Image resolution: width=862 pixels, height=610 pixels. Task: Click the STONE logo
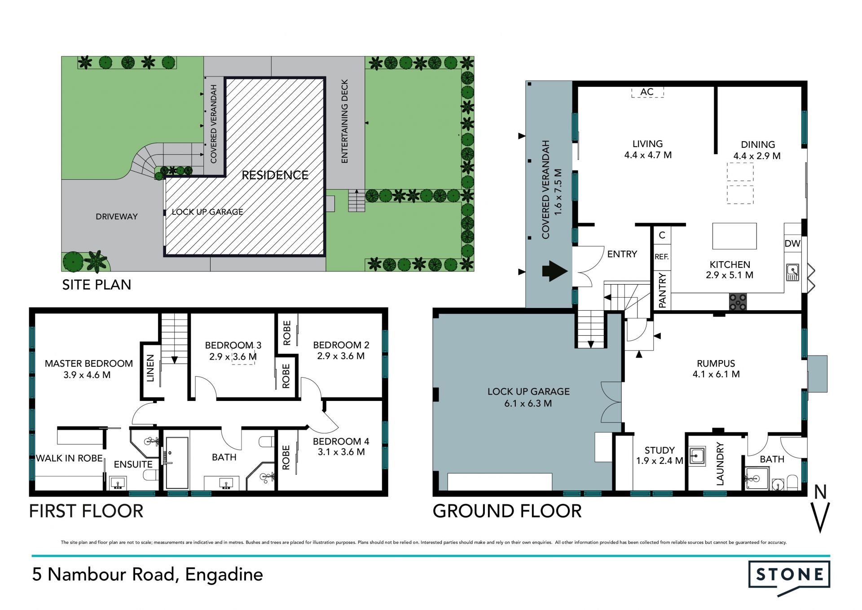(789, 578)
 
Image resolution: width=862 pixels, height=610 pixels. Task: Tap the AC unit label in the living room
(647, 92)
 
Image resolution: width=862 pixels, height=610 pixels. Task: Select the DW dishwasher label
(792, 244)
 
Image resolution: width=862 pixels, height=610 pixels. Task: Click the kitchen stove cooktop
(738, 302)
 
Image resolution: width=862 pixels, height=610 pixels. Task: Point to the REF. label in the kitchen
(661, 257)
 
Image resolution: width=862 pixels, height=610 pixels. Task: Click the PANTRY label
(662, 291)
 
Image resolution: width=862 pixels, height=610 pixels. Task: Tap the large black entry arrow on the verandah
(555, 271)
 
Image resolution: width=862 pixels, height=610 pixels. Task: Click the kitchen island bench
(734, 236)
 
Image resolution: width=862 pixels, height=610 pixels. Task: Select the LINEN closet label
(150, 368)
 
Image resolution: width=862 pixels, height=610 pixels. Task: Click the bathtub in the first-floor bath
(177, 463)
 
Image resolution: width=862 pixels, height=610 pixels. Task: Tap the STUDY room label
(660, 450)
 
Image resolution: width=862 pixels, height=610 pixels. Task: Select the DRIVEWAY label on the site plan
(117, 217)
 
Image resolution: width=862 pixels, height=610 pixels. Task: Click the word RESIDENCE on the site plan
(275, 175)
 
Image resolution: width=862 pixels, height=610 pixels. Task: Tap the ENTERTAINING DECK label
(345, 121)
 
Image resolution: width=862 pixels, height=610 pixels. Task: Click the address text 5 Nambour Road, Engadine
(147, 575)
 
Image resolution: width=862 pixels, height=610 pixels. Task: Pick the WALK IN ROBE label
(70, 458)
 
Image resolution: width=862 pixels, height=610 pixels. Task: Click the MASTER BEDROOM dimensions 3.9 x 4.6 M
(87, 375)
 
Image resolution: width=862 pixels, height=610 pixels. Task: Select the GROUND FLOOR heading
(507, 511)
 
